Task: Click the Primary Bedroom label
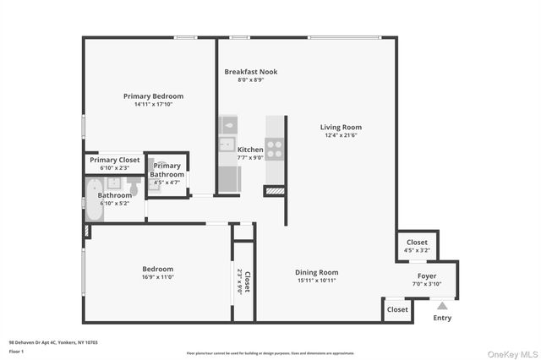(153, 96)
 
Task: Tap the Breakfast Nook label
(250, 72)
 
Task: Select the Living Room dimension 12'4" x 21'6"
(342, 135)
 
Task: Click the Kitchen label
(250, 150)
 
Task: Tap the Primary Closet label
(115, 160)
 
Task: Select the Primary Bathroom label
(167, 170)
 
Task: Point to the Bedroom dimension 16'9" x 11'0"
(157, 279)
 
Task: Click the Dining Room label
(316, 272)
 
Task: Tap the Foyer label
(427, 276)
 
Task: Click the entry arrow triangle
(441, 306)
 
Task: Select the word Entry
(442, 319)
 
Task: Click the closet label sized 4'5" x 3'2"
(418, 246)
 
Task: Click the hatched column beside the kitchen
(275, 192)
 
